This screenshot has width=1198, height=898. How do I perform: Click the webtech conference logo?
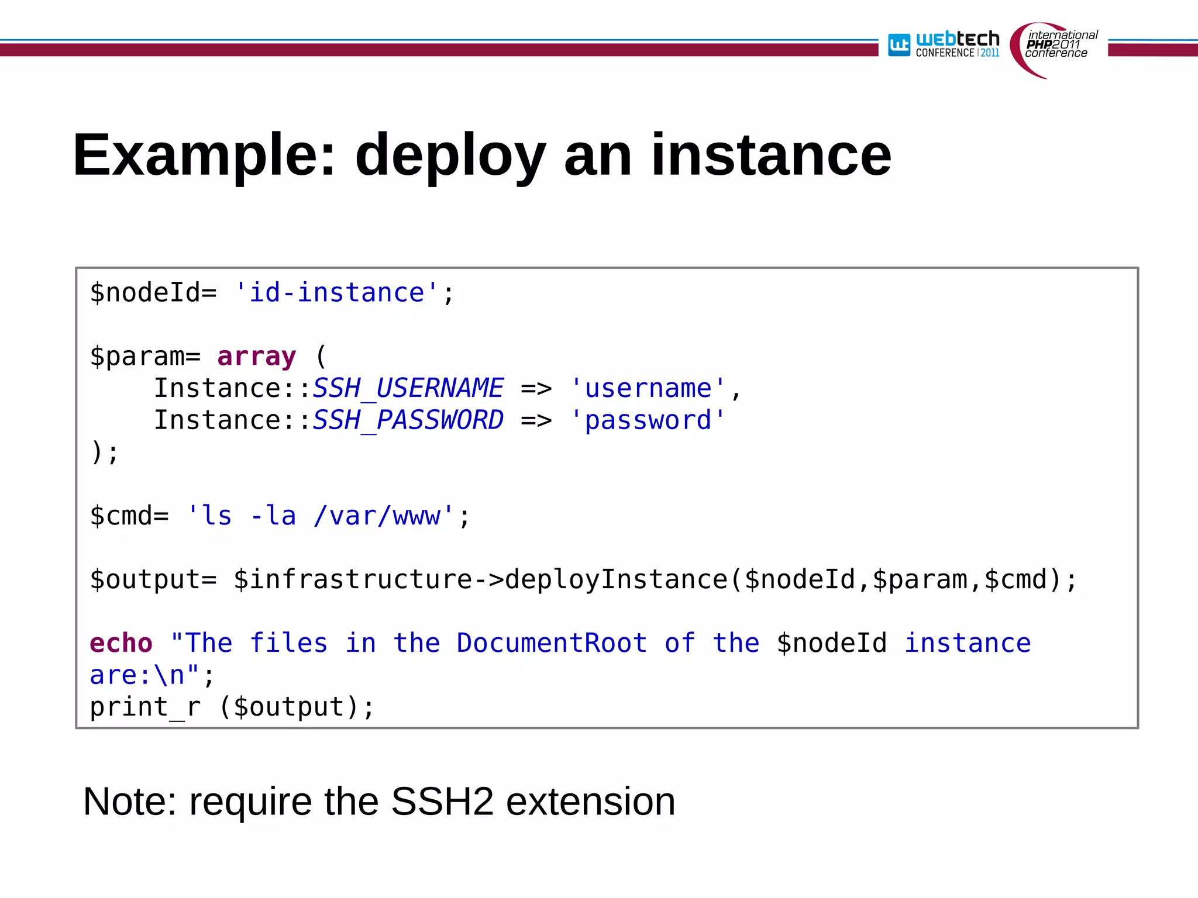pyautogui.click(x=944, y=44)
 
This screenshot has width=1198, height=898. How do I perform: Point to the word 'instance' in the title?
pyautogui.click(x=771, y=155)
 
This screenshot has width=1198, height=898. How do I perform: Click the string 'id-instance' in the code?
pyautogui.click(x=336, y=292)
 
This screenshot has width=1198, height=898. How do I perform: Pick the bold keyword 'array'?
pyautogui.click(x=257, y=356)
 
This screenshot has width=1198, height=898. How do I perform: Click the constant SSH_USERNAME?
pyautogui.click(x=408, y=388)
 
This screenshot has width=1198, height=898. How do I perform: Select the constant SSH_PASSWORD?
pyautogui.click(x=408, y=420)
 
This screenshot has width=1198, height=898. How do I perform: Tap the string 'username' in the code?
pyautogui.click(x=648, y=388)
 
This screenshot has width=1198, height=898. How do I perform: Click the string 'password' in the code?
pyautogui.click(x=648, y=420)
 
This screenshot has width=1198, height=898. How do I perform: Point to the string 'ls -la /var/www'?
pyautogui.click(x=320, y=516)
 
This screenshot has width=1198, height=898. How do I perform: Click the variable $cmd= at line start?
pyautogui.click(x=129, y=516)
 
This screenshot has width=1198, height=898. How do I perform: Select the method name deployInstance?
pyautogui.click(x=616, y=579)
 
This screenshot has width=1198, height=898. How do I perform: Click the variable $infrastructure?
pyautogui.click(x=353, y=579)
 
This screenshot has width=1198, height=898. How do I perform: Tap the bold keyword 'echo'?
pyautogui.click(x=121, y=643)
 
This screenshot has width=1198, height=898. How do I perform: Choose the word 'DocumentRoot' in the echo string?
pyautogui.click(x=552, y=643)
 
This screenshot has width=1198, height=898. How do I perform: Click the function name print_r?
pyautogui.click(x=145, y=707)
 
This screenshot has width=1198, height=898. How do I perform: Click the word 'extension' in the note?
pyautogui.click(x=590, y=802)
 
